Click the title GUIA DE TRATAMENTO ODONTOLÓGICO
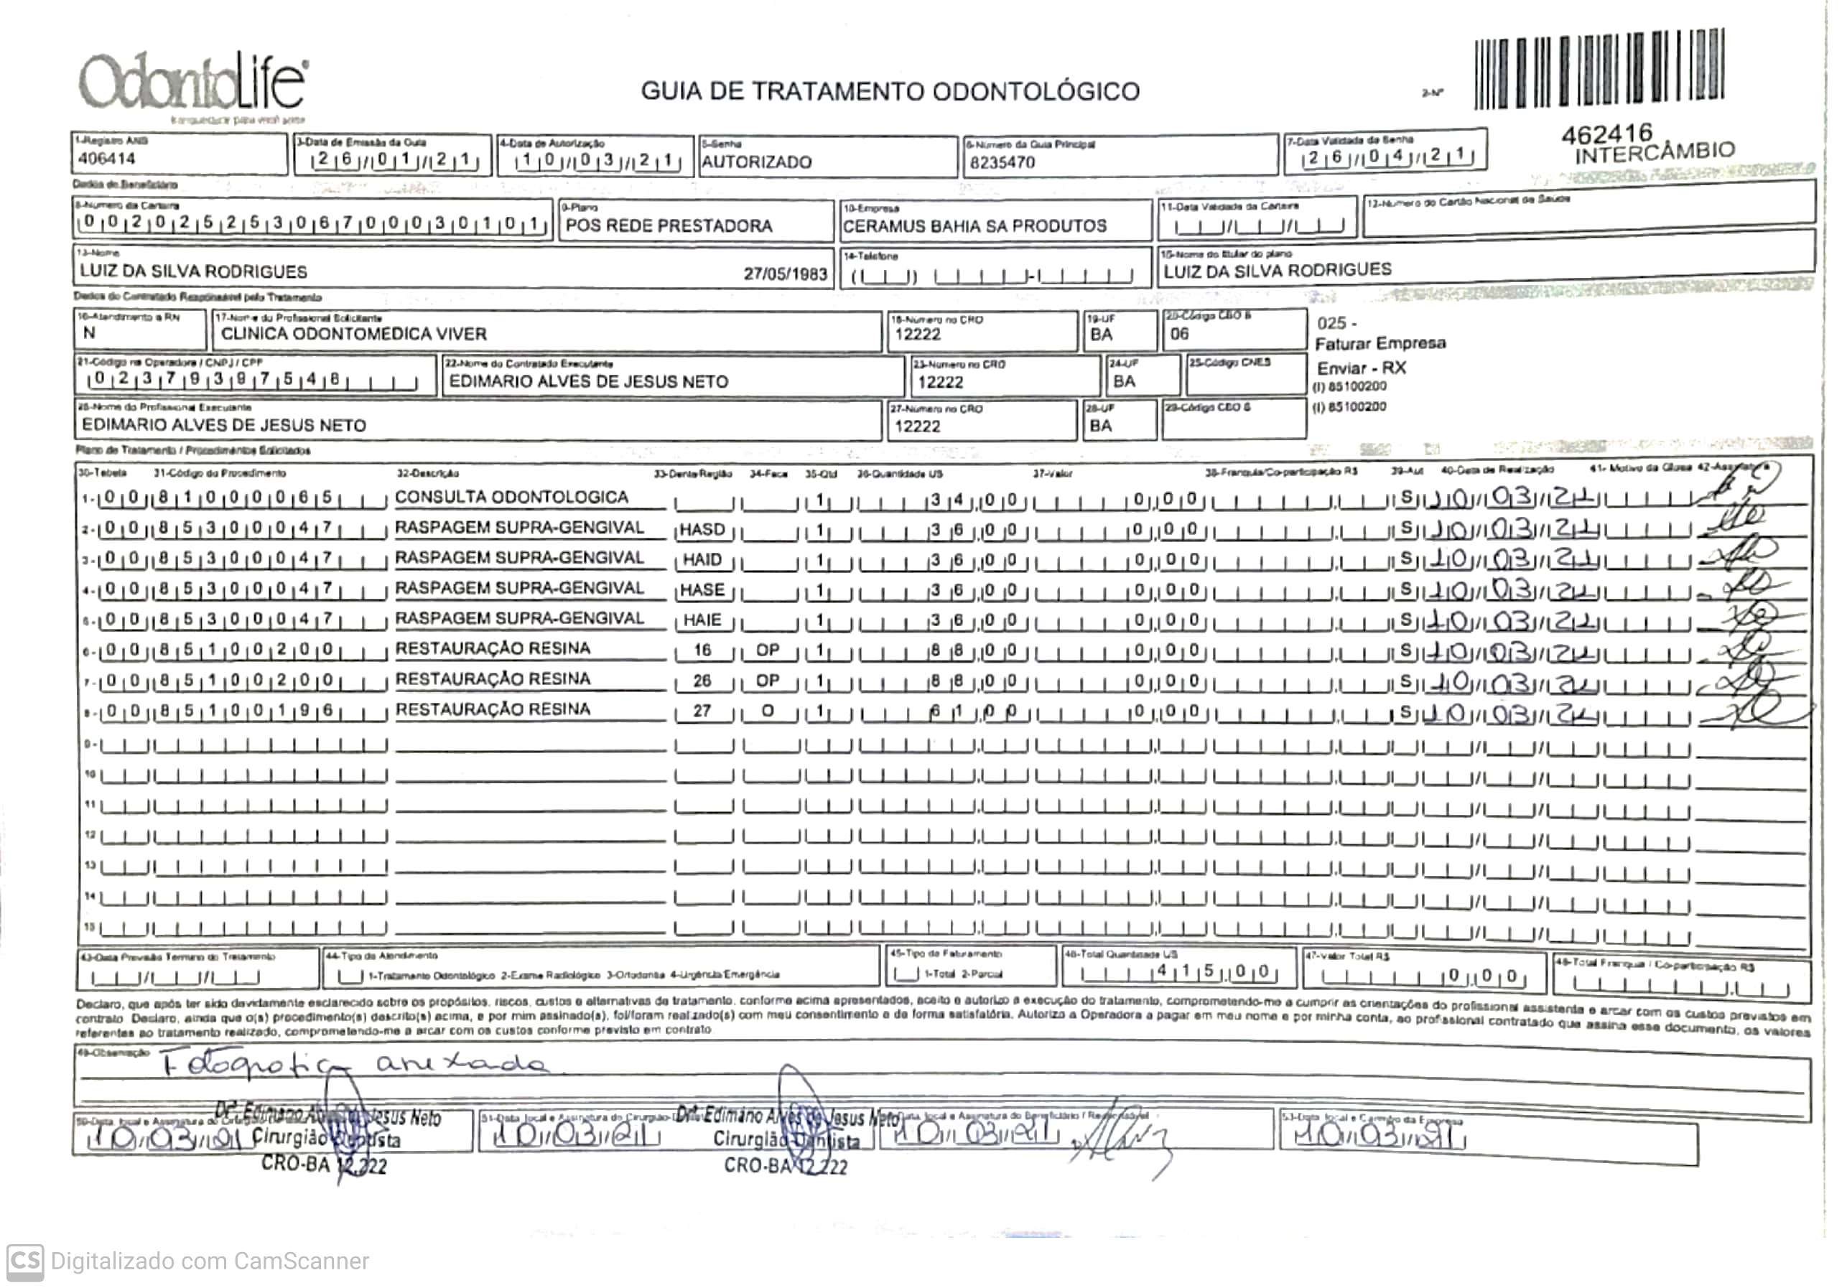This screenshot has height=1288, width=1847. click(x=890, y=92)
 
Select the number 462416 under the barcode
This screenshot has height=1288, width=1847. click(x=1606, y=134)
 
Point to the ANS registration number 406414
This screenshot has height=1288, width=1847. click(x=107, y=159)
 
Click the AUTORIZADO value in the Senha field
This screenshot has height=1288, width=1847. click(x=756, y=162)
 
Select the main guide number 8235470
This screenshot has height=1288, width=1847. click(x=1002, y=162)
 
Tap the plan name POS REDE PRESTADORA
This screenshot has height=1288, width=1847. click(x=669, y=226)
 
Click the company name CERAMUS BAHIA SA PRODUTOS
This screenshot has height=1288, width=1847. click(x=974, y=226)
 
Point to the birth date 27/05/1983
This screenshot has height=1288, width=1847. click(x=785, y=274)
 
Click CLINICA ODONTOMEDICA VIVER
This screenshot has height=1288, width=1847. click(x=353, y=334)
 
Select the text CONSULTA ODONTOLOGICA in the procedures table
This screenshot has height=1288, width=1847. click(x=511, y=497)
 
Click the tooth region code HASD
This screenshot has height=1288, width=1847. click(x=702, y=529)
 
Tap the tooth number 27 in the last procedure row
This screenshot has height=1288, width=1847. click(x=702, y=711)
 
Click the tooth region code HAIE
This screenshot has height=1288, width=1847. click(x=702, y=620)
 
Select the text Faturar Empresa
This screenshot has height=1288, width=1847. click(x=1380, y=343)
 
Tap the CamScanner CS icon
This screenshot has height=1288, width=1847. click(x=25, y=1260)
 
